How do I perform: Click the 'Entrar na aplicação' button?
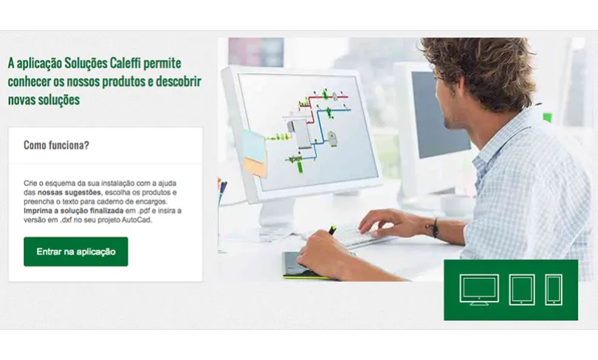[x=76, y=252]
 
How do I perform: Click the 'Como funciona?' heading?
[x=56, y=145]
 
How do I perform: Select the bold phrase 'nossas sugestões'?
[x=69, y=193]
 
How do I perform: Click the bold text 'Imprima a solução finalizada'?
[x=74, y=211]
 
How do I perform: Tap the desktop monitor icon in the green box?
[x=479, y=289]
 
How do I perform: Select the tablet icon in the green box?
[x=522, y=289]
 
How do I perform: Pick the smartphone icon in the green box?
[x=554, y=289]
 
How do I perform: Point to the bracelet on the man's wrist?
[x=433, y=227]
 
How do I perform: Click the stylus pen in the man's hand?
[x=332, y=230]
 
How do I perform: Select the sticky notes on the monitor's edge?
[x=254, y=153]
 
